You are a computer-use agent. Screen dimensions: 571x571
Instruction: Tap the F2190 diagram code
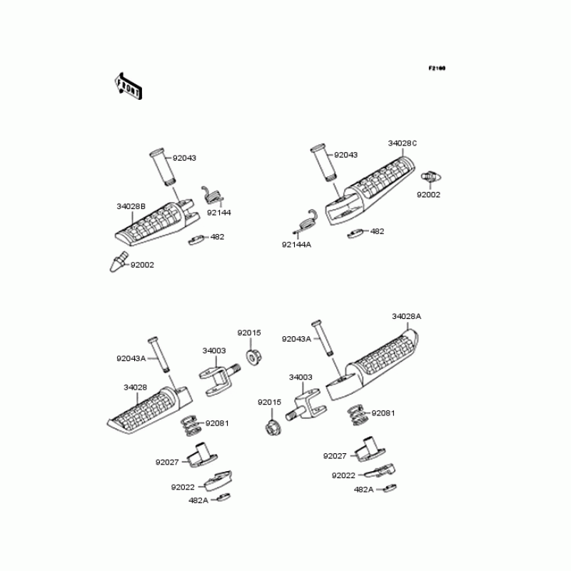[x=437, y=69]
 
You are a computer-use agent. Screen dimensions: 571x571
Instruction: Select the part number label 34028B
[x=131, y=206]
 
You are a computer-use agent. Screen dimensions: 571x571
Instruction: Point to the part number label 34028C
[x=403, y=143]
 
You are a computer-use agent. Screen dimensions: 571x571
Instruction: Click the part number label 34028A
[x=406, y=316]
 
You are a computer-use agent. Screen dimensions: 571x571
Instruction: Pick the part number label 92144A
[x=296, y=244]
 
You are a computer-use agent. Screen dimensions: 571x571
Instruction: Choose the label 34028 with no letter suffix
[x=135, y=388]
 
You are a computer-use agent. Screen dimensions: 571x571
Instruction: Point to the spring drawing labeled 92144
[x=213, y=195]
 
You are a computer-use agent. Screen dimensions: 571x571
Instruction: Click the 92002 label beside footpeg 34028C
[x=429, y=194]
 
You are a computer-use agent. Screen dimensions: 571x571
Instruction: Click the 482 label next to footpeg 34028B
[x=217, y=236]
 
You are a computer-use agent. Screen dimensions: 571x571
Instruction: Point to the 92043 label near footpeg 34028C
[x=345, y=155]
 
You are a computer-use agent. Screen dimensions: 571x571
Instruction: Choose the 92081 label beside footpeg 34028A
[x=383, y=413]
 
